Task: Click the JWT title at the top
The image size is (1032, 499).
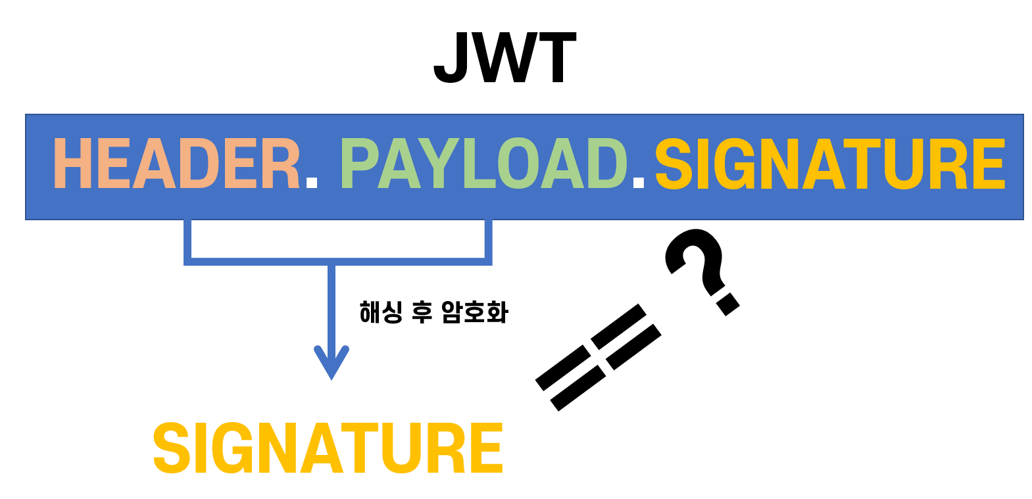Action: point(505,58)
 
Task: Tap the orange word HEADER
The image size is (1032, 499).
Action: point(176,163)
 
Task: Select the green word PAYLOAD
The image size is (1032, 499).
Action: point(484,163)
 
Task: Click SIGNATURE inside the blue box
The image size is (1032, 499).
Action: point(830,163)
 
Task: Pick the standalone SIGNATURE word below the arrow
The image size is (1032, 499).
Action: point(328,448)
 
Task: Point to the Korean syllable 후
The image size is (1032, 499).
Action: point(422,312)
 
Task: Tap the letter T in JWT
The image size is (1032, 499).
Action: point(557,58)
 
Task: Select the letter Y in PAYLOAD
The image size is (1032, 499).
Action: point(442,163)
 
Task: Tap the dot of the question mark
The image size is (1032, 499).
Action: point(727,304)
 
